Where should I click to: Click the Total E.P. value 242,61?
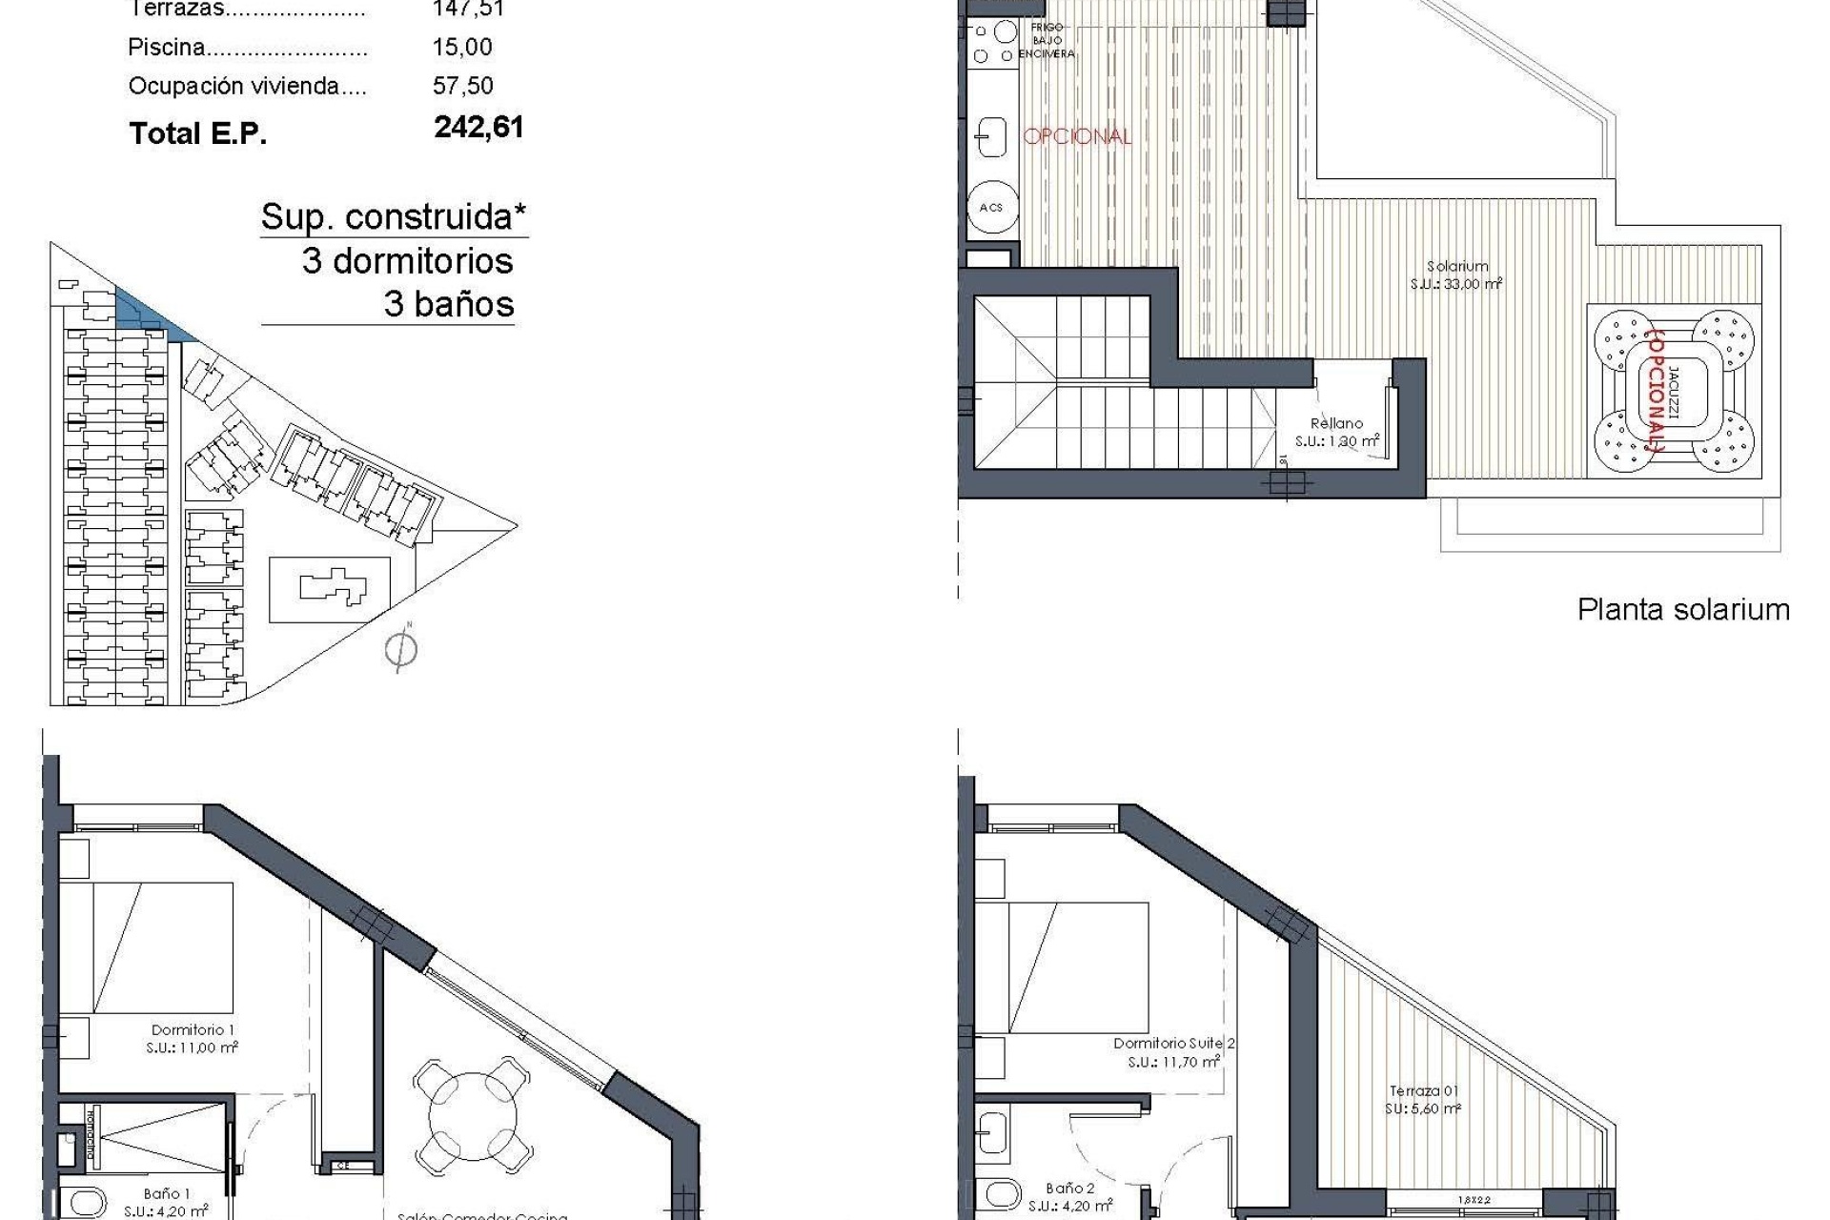point(478,128)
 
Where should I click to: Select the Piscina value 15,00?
point(462,47)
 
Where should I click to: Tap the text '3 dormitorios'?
point(407,261)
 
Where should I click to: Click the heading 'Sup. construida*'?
point(394,217)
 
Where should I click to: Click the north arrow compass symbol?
point(401,650)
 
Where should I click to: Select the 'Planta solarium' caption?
point(1683,610)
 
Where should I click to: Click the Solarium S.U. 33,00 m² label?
point(1456,275)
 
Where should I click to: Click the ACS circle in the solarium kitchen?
point(991,207)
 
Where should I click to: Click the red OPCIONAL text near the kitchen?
point(1077,136)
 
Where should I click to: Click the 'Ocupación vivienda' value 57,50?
point(462,86)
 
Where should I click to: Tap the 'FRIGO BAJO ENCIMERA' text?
point(1047,41)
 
